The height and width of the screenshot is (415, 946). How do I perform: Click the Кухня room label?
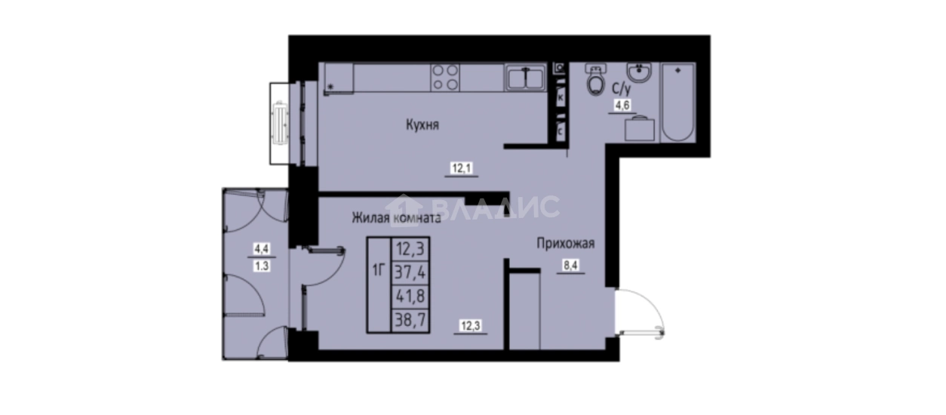(x=422, y=125)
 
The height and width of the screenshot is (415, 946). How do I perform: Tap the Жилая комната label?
(x=397, y=218)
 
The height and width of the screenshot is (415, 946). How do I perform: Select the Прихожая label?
(x=566, y=244)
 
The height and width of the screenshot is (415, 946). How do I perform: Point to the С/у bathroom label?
(x=621, y=89)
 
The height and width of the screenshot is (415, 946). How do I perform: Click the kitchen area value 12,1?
(x=462, y=168)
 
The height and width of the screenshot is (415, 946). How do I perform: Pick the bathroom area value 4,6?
(x=622, y=105)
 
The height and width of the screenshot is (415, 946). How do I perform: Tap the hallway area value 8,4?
(x=570, y=266)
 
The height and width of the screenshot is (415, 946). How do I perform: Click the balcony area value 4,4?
(x=262, y=249)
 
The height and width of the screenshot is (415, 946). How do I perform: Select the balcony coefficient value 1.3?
(x=262, y=266)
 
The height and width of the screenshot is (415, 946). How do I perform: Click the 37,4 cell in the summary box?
(x=410, y=272)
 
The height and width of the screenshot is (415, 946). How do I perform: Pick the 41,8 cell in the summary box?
(x=410, y=297)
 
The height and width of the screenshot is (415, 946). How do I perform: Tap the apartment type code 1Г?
(x=379, y=269)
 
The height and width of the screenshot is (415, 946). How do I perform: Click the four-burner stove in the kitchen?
(x=445, y=77)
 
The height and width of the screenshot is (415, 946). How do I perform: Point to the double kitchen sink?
(x=525, y=78)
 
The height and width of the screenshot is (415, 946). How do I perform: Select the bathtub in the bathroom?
(x=678, y=103)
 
